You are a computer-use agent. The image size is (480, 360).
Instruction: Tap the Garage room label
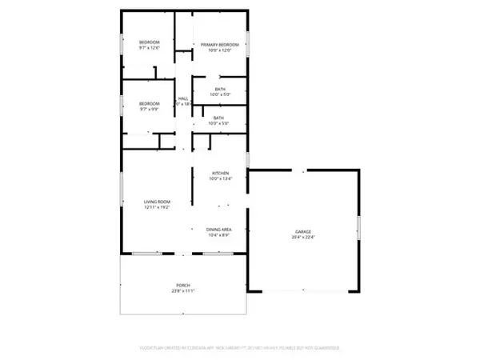tap(301, 232)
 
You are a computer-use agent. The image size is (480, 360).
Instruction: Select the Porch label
tap(183, 286)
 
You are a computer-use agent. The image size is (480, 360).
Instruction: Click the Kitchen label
tap(220, 173)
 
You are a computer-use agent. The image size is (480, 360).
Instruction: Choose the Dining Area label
tap(220, 230)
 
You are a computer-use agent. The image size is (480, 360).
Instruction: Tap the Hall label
tap(183, 98)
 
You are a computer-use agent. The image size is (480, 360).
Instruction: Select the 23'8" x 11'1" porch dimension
tap(183, 292)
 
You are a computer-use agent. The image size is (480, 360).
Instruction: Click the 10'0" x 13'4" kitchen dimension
tap(220, 178)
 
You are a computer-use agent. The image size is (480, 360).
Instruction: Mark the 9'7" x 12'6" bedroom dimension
tap(150, 47)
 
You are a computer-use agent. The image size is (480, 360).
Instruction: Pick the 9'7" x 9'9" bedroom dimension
tap(150, 109)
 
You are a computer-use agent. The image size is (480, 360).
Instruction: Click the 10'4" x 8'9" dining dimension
tap(220, 235)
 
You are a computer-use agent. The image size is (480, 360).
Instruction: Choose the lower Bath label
tap(218, 118)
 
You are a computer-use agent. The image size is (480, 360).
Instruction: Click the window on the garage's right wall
tap(359, 226)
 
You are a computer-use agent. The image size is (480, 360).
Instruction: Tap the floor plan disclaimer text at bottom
tap(239, 349)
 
